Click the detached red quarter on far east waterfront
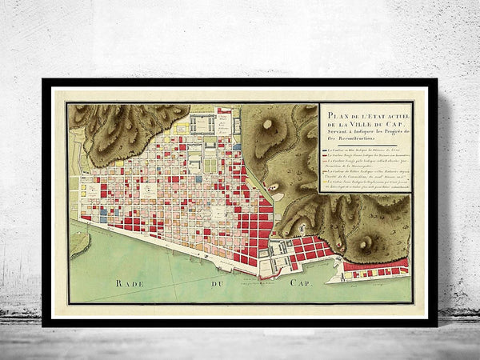(x=376, y=268)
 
